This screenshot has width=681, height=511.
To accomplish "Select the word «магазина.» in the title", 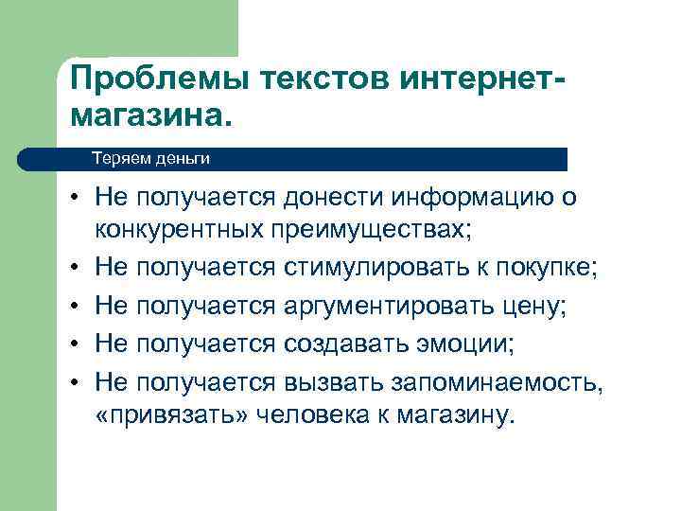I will [x=149, y=116].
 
